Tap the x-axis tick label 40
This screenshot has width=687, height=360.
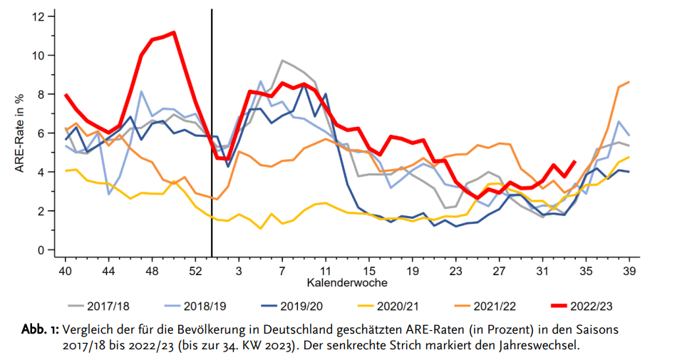click(x=66, y=271)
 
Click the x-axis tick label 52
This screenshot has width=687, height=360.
click(x=195, y=271)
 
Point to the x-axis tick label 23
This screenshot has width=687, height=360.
click(x=456, y=271)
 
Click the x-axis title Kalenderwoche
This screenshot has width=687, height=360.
click(x=347, y=283)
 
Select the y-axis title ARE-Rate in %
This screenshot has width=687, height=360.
click(x=21, y=133)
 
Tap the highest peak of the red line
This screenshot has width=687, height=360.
click(x=173, y=32)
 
